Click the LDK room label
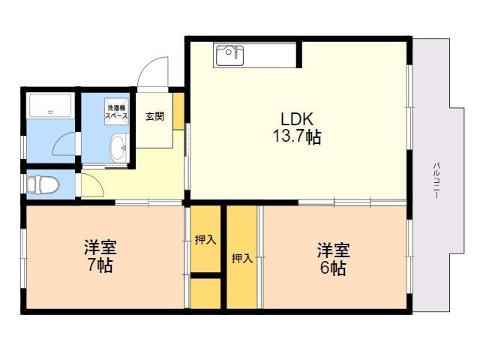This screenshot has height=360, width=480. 297,119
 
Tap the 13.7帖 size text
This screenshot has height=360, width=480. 297,136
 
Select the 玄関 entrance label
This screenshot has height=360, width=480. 154,116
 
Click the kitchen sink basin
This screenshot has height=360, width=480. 230,55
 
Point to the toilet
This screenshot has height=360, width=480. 43,184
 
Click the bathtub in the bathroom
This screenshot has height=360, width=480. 50,105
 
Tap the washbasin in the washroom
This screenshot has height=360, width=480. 118,148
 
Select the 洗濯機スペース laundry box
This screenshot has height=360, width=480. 116,112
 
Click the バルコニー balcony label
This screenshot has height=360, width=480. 436,180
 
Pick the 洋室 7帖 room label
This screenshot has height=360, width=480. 100,256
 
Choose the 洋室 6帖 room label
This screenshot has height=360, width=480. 333,259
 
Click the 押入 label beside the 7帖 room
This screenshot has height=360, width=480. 205,240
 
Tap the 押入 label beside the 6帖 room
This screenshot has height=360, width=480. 241,259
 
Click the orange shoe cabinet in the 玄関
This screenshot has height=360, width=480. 178,112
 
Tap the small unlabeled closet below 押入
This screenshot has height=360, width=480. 205,293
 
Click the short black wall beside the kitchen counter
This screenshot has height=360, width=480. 299,55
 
